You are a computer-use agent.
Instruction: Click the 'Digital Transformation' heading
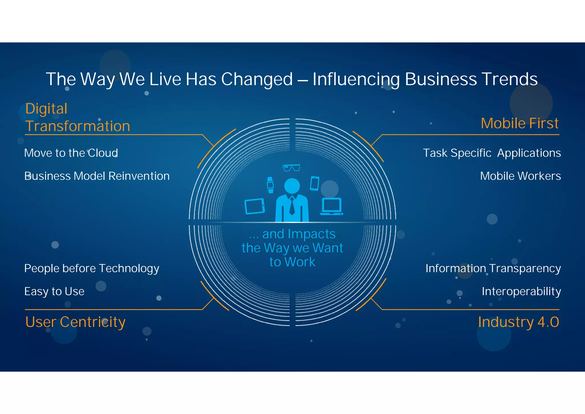(x=77, y=117)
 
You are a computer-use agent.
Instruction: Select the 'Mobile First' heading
(x=519, y=123)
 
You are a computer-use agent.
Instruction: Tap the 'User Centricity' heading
(x=75, y=322)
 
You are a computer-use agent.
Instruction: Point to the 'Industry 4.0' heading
(x=518, y=322)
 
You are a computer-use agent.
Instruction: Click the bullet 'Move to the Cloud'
(x=71, y=153)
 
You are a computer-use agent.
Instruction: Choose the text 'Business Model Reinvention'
(x=97, y=176)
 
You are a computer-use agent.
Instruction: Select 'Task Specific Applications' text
(x=492, y=153)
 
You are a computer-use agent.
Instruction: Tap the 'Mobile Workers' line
(x=520, y=176)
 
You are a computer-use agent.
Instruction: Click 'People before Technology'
(x=91, y=268)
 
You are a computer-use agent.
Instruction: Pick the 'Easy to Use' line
(x=54, y=291)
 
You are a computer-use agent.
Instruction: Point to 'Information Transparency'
(x=493, y=268)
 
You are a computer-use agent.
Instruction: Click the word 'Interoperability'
(x=521, y=291)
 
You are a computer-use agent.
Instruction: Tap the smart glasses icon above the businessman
(x=291, y=168)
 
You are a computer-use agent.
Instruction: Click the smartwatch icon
(x=270, y=185)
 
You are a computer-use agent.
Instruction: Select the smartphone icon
(x=314, y=183)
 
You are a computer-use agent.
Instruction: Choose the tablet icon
(x=255, y=206)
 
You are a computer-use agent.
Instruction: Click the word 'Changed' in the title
(x=257, y=79)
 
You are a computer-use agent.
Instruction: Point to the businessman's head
(x=292, y=186)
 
